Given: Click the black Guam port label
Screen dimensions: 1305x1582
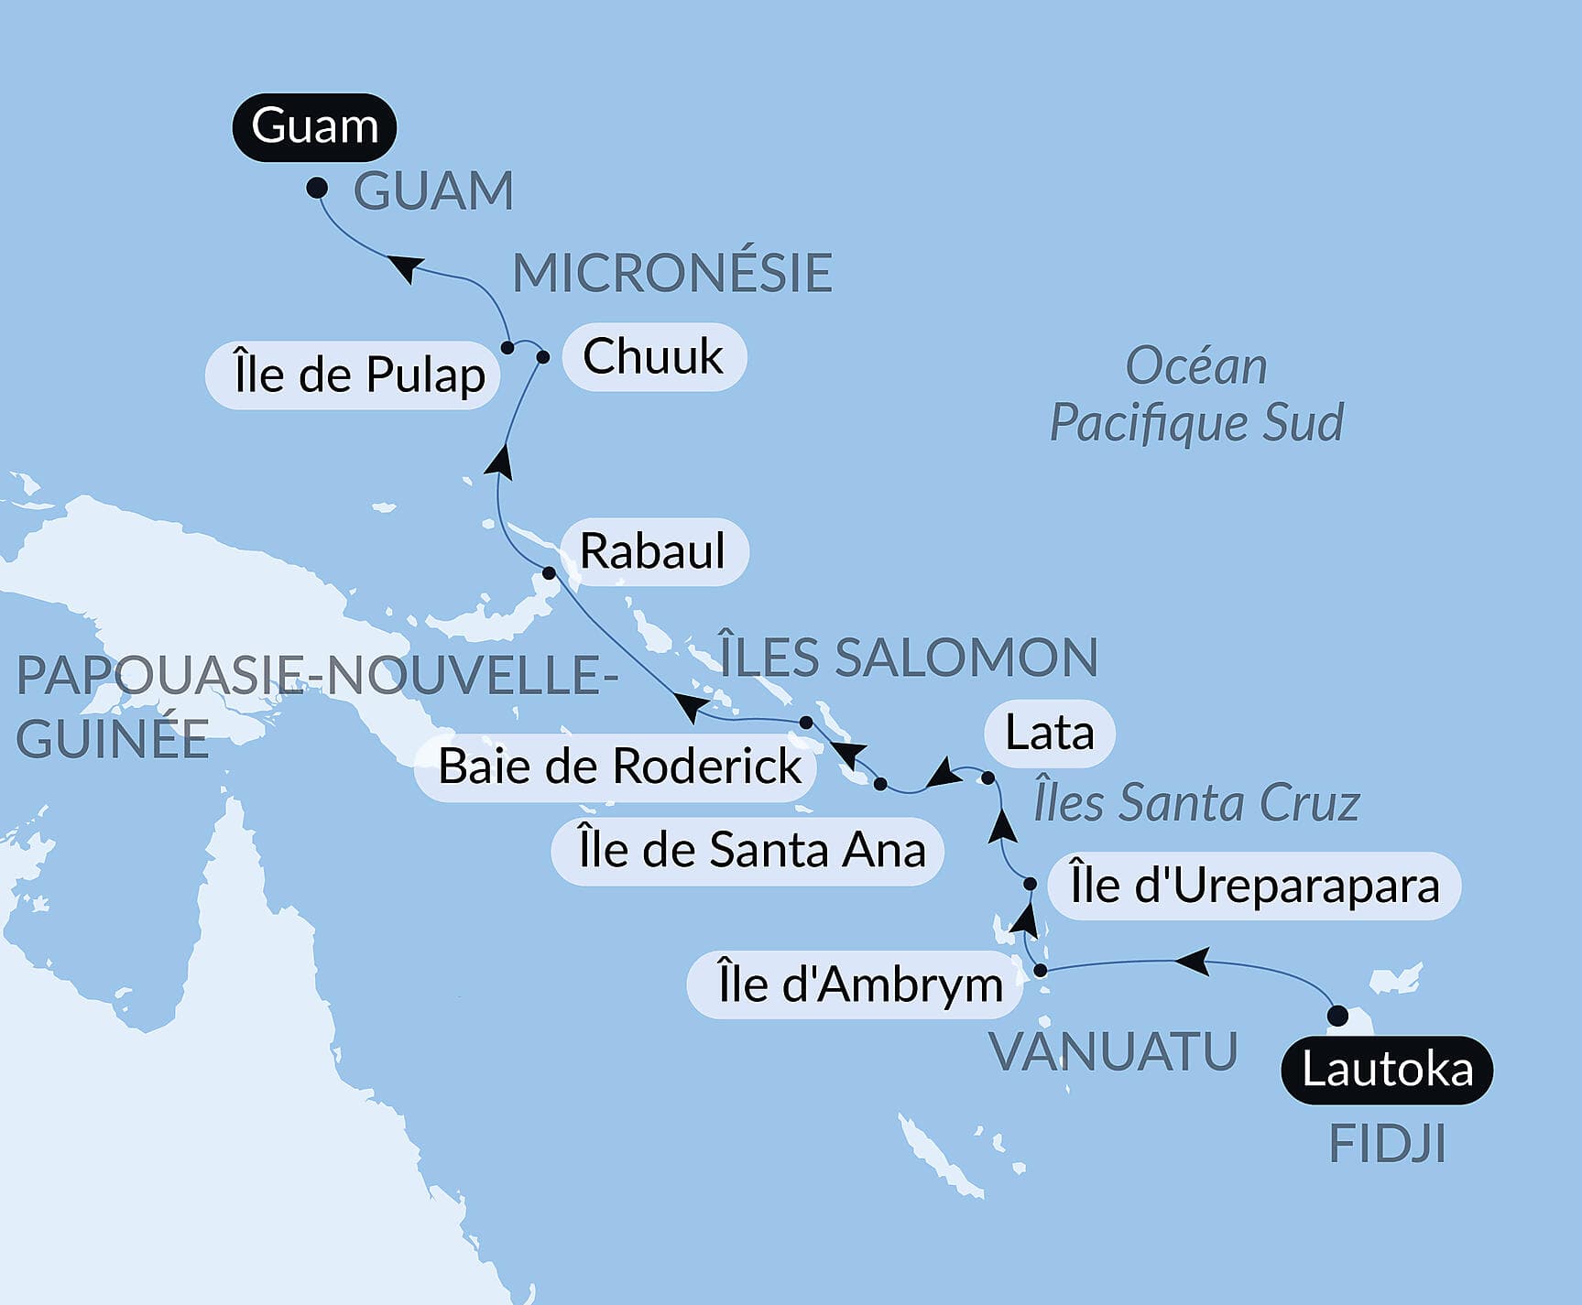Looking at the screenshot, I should click(314, 126).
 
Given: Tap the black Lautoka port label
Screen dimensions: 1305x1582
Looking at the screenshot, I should click(1387, 1070).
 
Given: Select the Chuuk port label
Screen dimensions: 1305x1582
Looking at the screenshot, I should click(653, 356).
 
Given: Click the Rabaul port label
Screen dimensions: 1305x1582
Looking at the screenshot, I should click(652, 551).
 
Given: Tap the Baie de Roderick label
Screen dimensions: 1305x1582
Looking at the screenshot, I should click(619, 767).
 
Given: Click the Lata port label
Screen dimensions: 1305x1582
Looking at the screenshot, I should click(1050, 733).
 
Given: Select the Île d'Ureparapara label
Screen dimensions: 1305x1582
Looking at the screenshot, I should click(1254, 886).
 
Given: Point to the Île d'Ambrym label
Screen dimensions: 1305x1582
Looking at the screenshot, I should click(859, 985).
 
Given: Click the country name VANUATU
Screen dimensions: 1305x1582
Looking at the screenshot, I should click(1114, 1051).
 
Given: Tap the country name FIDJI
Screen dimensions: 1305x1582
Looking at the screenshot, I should click(1387, 1144).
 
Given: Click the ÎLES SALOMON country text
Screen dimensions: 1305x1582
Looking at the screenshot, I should click(909, 658).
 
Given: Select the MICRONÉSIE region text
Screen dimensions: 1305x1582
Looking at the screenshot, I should click(672, 273).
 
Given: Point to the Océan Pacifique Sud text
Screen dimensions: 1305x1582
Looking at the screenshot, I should click(1196, 395).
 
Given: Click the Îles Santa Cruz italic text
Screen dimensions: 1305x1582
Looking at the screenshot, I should click(1196, 803).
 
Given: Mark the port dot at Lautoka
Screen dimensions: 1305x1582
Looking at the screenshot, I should click(1337, 1016).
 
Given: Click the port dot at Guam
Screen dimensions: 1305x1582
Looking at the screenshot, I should click(317, 188).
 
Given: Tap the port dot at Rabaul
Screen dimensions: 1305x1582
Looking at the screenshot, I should click(549, 573).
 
